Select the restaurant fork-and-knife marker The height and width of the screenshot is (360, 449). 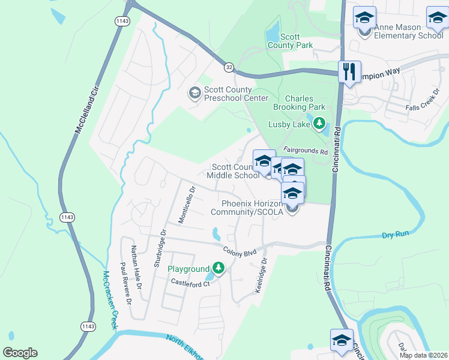coord(348,72)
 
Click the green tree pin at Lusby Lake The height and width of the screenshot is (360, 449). coord(319,124)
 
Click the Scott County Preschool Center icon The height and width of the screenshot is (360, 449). coord(194,93)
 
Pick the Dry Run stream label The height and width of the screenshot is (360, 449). coord(395,236)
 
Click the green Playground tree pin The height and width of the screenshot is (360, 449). coord(218,268)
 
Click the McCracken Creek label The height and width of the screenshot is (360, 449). coord(109,300)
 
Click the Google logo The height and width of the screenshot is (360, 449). coord(20,353)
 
